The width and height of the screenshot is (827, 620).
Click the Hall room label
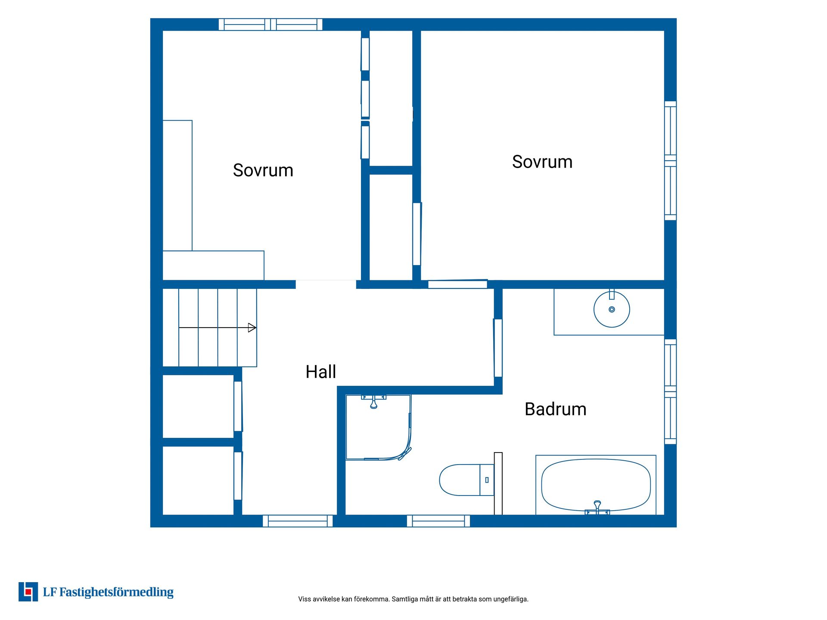click(320, 372)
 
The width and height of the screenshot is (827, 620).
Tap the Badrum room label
click(555, 409)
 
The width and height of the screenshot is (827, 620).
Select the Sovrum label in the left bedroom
click(263, 170)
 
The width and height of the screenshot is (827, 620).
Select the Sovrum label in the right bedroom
click(542, 162)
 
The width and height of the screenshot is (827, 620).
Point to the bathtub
click(596, 485)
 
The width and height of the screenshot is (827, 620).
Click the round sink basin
click(612, 309)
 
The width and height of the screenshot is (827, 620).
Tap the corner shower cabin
click(379, 427)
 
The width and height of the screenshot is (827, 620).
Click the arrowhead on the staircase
click(252, 328)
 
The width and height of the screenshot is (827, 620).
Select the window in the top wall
click(270, 25)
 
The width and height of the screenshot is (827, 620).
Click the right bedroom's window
click(670, 161)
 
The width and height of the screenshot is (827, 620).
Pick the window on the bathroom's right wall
click(670, 391)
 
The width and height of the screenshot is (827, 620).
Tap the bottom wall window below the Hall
click(298, 521)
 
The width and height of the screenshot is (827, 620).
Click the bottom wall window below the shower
click(438, 521)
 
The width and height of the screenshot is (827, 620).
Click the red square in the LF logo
click(28, 592)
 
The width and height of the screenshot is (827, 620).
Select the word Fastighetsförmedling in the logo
click(116, 592)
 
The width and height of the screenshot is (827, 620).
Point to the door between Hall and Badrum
click(498, 348)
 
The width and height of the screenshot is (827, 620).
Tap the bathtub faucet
click(597, 507)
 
